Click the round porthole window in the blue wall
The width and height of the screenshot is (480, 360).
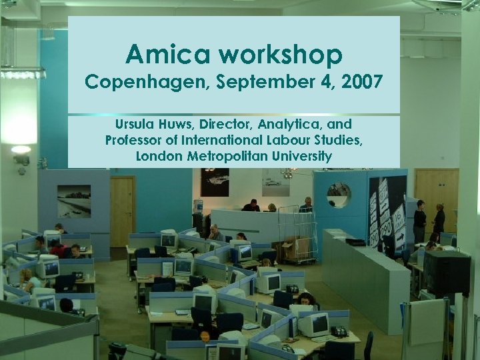339,194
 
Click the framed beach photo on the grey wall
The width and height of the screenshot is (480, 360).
74,201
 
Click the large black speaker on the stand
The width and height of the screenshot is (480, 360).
447,271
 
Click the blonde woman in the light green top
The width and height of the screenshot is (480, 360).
29,279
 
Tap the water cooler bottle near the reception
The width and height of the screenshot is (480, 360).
198,206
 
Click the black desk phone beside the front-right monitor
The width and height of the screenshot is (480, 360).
339,331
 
